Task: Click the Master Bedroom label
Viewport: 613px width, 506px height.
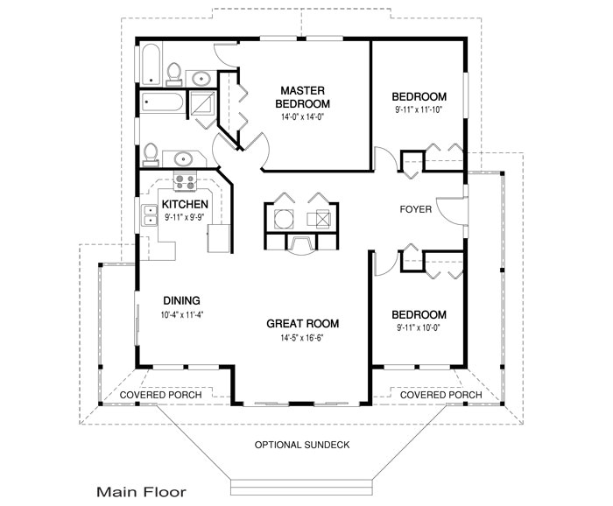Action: point(302,97)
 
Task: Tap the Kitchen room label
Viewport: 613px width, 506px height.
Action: point(185,204)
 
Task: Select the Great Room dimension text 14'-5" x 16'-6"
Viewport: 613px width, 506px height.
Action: point(302,338)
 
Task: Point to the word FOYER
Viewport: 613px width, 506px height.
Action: point(416,209)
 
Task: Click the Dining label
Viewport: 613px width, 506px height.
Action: point(182,300)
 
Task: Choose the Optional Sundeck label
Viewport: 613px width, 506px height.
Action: point(302,445)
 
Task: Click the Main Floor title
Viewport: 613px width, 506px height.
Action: point(142,492)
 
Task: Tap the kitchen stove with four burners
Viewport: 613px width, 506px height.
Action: point(185,182)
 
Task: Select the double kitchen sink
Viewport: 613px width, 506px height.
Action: point(149,215)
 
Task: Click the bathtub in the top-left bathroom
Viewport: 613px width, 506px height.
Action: point(151,65)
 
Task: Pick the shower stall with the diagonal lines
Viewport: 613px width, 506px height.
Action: point(202,102)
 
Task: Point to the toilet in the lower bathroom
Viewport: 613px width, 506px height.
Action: point(151,154)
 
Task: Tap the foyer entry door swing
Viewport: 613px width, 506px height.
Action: point(449,211)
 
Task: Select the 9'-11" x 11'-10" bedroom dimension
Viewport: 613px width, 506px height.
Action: point(419,109)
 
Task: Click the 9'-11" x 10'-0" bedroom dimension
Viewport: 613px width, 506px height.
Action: point(419,327)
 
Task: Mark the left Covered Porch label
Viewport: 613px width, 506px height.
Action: point(160,395)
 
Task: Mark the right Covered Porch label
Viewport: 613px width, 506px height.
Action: point(441,395)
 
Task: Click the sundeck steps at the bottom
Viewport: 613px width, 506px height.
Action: point(301,488)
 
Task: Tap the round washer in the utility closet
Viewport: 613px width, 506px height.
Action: point(284,219)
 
